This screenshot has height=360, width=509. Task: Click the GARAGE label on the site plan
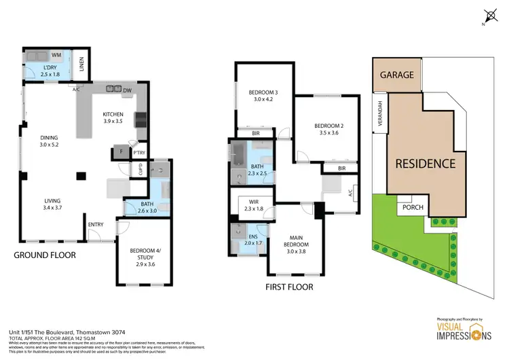tap(397, 75)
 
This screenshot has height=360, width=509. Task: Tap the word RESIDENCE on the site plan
tap(426, 164)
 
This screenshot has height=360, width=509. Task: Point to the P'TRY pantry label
tap(140, 153)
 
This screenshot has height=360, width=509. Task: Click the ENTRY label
tap(96, 225)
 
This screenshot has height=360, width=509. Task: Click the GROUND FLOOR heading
tap(45, 255)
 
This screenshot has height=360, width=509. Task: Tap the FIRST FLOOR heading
tap(289, 287)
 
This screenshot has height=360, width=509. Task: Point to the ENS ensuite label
tap(251, 238)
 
